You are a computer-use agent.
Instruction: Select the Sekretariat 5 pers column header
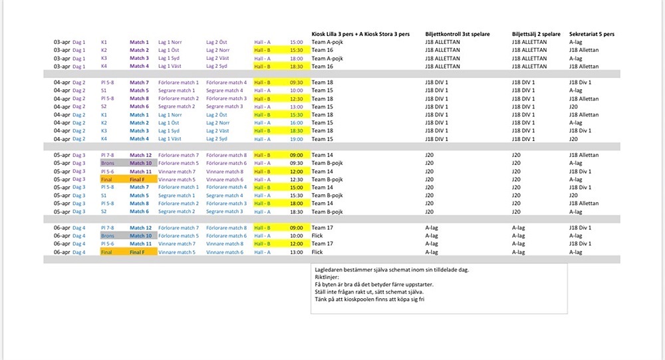point(596,33)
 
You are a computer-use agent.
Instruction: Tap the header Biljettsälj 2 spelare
point(537,33)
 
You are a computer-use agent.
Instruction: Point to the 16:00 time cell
point(296,123)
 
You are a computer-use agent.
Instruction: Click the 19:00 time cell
point(296,139)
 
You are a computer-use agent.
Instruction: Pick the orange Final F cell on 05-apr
point(142,180)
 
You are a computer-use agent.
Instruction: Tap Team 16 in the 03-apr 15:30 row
point(323,50)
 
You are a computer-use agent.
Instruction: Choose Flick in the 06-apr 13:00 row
point(318,252)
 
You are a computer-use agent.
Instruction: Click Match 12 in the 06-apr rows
point(140,228)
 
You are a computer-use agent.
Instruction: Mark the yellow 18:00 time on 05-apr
point(296,204)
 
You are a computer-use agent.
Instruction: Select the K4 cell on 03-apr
point(104,67)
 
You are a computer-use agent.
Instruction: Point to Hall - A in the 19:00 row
point(262,139)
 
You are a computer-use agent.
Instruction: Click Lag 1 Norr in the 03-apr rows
point(170,42)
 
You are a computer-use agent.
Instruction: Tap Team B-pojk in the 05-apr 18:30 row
point(327,212)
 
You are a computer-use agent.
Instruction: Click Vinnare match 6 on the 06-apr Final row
point(225,252)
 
